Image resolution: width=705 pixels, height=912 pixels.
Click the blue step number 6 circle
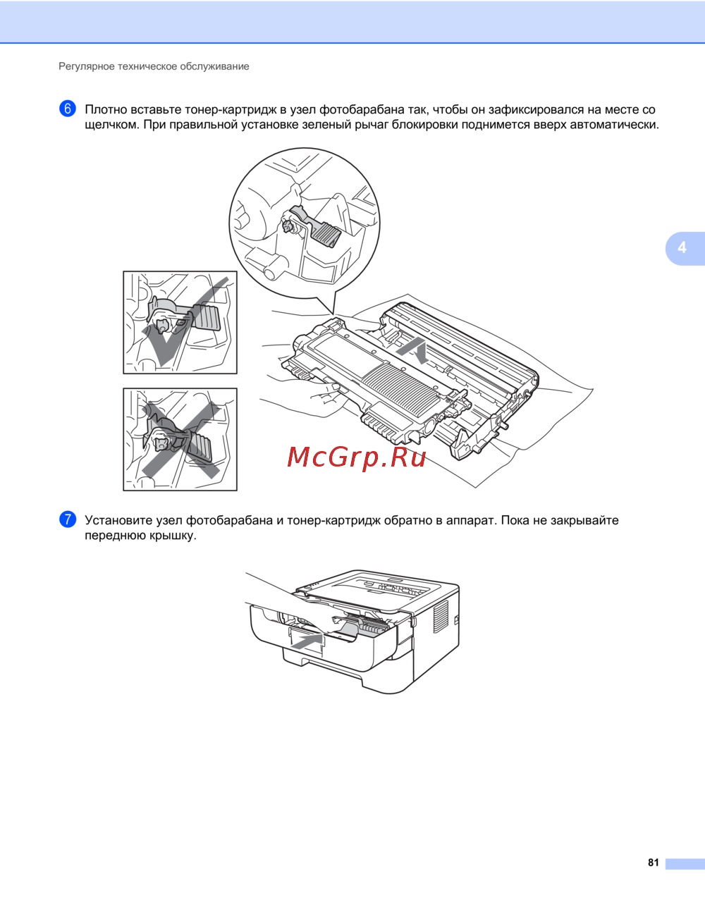68,109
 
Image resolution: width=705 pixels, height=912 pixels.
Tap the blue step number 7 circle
68,519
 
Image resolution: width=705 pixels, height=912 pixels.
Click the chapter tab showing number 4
685,248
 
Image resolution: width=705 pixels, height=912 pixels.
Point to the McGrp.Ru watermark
357,457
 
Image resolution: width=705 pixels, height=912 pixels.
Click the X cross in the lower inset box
180,439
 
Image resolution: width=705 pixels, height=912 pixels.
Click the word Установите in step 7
118,521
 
